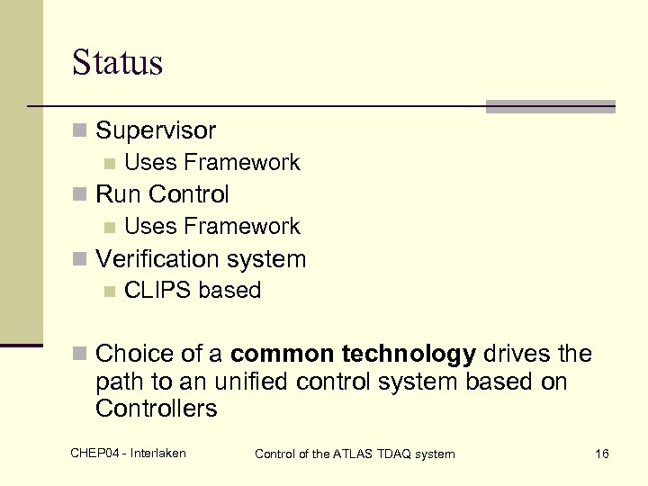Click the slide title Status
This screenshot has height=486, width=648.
point(117,62)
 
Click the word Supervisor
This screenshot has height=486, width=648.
point(156,130)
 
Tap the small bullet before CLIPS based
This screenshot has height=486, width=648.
point(109,292)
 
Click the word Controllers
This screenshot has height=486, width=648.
point(156,409)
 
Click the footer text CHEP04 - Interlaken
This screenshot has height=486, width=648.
point(128,453)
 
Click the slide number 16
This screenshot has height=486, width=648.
point(601,454)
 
